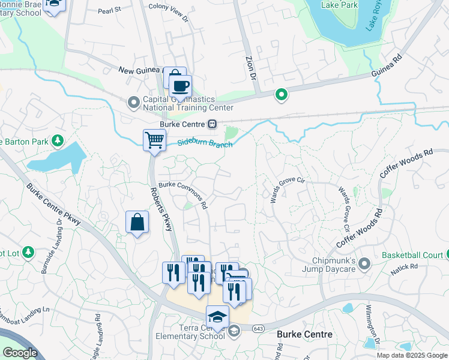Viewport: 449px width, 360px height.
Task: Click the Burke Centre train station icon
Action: [x=212, y=124]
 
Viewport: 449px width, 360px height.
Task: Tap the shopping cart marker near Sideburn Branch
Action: [x=154, y=141]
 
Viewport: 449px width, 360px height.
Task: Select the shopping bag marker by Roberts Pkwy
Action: [x=137, y=223]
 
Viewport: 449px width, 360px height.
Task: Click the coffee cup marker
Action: [x=179, y=86]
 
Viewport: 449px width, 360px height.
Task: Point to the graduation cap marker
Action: [x=217, y=317]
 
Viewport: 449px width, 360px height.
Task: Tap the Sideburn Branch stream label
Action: [x=205, y=143]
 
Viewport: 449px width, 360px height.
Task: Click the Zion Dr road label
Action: [x=251, y=68]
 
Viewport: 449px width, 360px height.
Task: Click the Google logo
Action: [x=20, y=353]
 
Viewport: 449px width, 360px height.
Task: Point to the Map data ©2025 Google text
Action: [x=412, y=355]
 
